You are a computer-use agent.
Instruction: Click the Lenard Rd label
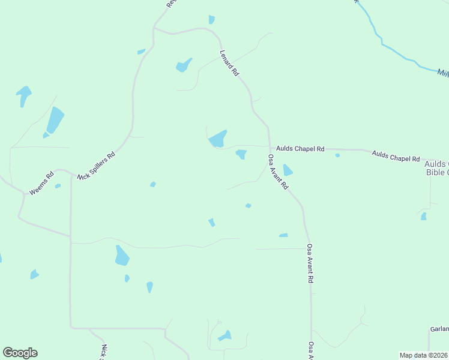click(230, 62)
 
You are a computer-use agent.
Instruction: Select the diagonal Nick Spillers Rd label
click(97, 166)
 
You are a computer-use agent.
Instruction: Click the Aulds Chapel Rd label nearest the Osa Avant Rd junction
click(300, 149)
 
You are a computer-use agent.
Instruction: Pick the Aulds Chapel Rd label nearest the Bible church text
click(396, 156)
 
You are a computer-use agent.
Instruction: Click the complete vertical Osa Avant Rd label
click(310, 263)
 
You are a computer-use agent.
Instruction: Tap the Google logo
click(20, 353)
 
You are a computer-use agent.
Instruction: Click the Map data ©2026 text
click(424, 355)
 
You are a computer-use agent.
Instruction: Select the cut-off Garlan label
click(439, 329)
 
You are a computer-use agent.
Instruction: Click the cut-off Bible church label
click(436, 168)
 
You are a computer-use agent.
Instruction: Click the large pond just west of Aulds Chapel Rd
click(217, 139)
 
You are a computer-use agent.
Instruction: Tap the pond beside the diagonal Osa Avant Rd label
click(288, 170)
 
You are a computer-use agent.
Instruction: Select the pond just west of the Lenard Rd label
click(184, 65)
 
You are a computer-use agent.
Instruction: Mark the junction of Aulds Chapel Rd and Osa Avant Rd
click(269, 146)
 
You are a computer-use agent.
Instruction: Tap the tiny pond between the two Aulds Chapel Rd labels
click(337, 155)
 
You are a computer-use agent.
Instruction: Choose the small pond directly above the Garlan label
click(424, 216)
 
